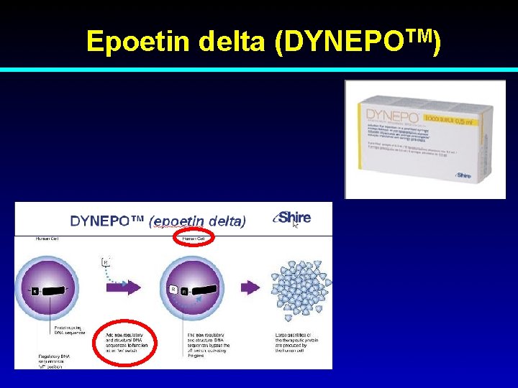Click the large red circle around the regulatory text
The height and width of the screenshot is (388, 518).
tap(127, 342)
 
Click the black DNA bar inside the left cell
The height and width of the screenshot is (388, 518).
tap(53, 291)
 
